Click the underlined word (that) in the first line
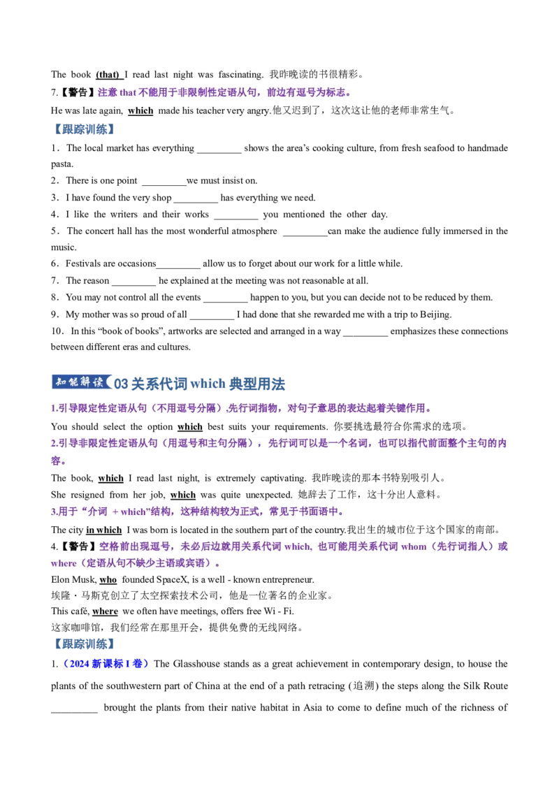click(x=108, y=75)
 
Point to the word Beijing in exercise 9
click(x=435, y=314)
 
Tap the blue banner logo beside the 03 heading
click(x=82, y=382)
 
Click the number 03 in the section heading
click(x=121, y=384)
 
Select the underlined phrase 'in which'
click(x=104, y=530)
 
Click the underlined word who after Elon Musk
click(x=108, y=580)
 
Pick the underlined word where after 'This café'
click(x=105, y=611)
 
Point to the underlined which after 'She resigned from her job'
click(x=182, y=495)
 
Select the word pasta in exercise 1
click(x=62, y=164)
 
